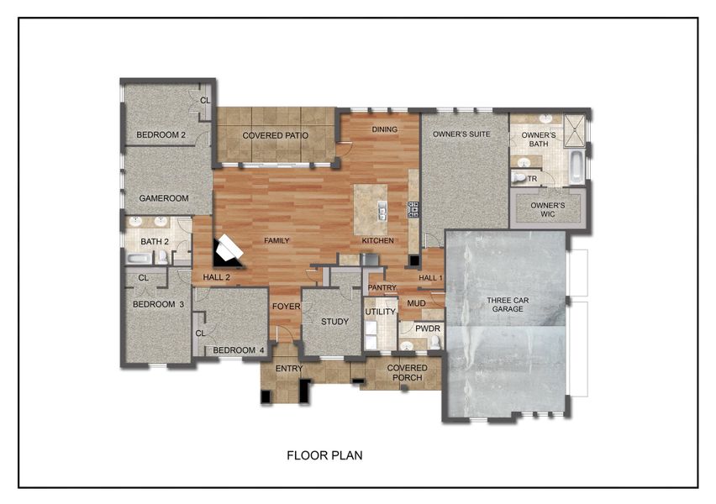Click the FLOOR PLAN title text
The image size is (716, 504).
pyautogui.click(x=324, y=456)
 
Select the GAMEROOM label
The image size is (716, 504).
pyautogui.click(x=164, y=198)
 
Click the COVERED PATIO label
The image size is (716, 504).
pyautogui.click(x=275, y=135)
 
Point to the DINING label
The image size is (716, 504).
pyautogui.click(x=384, y=129)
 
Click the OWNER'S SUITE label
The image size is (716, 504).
pyautogui.click(x=461, y=134)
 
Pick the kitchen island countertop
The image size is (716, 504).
pyautogui.click(x=370, y=210)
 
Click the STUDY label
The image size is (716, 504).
pyautogui.click(x=334, y=322)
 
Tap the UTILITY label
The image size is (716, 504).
pyautogui.click(x=380, y=312)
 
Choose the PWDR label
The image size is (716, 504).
pyautogui.click(x=428, y=328)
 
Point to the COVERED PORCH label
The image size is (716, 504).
pyautogui.click(x=407, y=373)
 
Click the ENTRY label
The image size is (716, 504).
pyautogui.click(x=289, y=367)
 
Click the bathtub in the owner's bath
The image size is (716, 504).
pyautogui.click(x=576, y=166)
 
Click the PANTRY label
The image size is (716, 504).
pyautogui.click(x=382, y=287)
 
